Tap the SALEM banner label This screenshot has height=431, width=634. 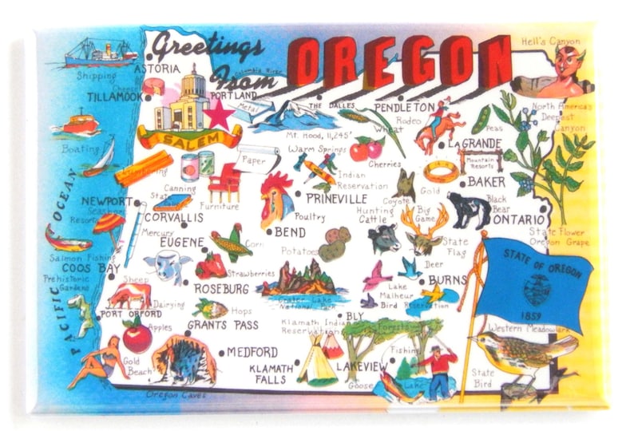pos(189,140)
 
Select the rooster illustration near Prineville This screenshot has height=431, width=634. pos(275,197)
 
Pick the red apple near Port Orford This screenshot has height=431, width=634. pos(137,336)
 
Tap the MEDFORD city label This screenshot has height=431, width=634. pos(252,352)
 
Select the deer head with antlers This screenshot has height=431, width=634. pos(422,231)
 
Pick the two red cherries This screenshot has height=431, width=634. pos(367,148)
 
